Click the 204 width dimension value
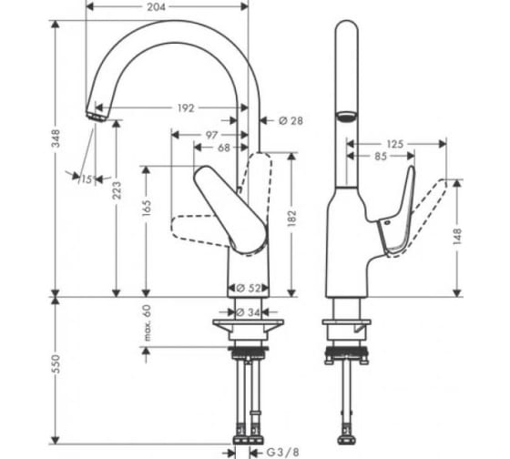click(x=156, y=7)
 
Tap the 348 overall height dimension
click(x=56, y=138)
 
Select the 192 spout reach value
click(x=186, y=108)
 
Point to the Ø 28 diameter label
click(x=291, y=121)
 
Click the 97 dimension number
click(x=211, y=135)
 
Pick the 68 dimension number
click(x=223, y=148)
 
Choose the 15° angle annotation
click(x=88, y=178)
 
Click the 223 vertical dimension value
click(x=117, y=190)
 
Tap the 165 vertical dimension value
click(x=147, y=209)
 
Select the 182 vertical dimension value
click(x=292, y=219)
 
